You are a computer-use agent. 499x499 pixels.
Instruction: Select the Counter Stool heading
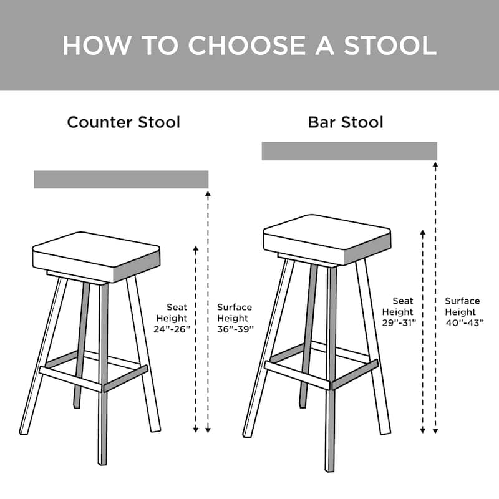coord(124,122)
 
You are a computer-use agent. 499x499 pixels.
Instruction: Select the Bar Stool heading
coord(346,122)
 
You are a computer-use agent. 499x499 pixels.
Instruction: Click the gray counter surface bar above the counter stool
coord(121,179)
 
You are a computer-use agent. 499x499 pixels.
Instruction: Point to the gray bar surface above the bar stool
coord(349,151)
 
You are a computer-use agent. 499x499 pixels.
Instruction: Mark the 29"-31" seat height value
coord(399,323)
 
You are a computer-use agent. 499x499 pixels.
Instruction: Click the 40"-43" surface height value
coord(462,323)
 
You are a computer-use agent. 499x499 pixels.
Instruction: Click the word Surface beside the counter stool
coord(235,307)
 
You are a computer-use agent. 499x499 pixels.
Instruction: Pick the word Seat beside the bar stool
coord(403,301)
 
